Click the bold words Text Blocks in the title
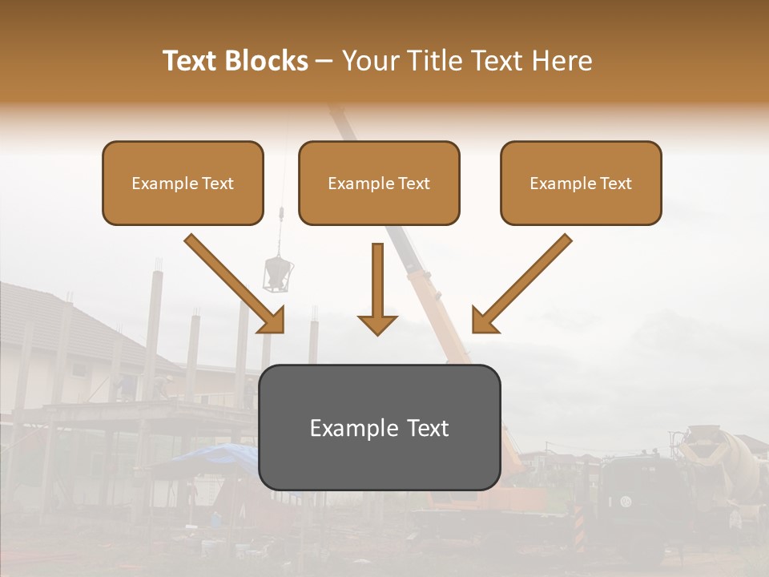click(x=235, y=61)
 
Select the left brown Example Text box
click(x=183, y=183)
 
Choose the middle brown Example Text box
click(x=379, y=183)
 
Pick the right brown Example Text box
click(x=581, y=183)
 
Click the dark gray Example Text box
click(x=380, y=427)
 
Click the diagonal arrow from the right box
click(x=521, y=283)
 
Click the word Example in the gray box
click(x=346, y=428)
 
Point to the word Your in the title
click(x=370, y=61)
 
